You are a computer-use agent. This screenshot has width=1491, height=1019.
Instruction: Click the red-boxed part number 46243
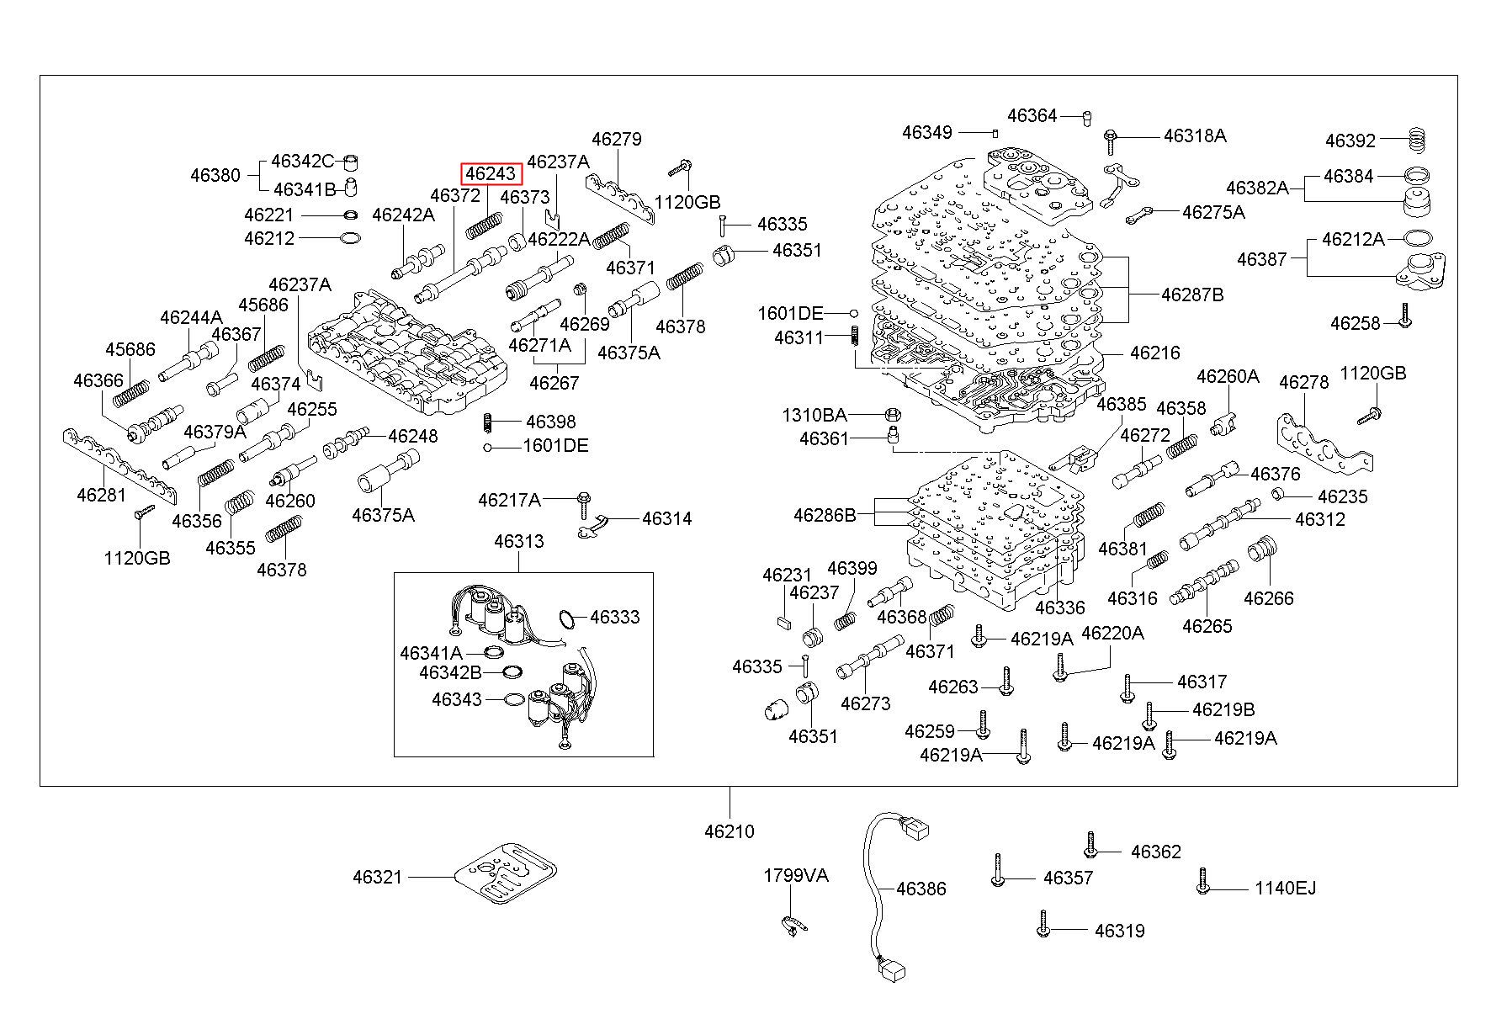[491, 173]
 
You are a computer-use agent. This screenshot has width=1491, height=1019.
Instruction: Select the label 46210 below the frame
[730, 831]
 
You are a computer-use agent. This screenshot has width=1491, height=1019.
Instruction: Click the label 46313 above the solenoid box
[518, 541]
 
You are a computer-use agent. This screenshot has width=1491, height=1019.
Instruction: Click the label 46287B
[1192, 295]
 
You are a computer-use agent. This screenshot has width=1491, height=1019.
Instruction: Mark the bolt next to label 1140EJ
[1203, 882]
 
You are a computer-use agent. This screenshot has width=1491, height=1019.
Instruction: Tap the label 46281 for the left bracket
[101, 495]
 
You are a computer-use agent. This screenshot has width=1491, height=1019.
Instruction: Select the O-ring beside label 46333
[570, 619]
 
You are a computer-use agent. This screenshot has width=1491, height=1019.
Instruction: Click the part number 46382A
[1257, 188]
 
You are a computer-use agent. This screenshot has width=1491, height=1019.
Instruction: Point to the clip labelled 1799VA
[791, 924]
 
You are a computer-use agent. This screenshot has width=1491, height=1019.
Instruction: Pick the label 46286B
[824, 514]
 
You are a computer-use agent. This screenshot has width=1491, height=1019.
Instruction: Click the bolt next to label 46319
[1043, 923]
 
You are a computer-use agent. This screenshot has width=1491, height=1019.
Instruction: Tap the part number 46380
[215, 175]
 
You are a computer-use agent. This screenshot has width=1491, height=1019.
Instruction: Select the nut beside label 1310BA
[894, 415]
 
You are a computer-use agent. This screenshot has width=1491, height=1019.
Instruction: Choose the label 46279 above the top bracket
[616, 139]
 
